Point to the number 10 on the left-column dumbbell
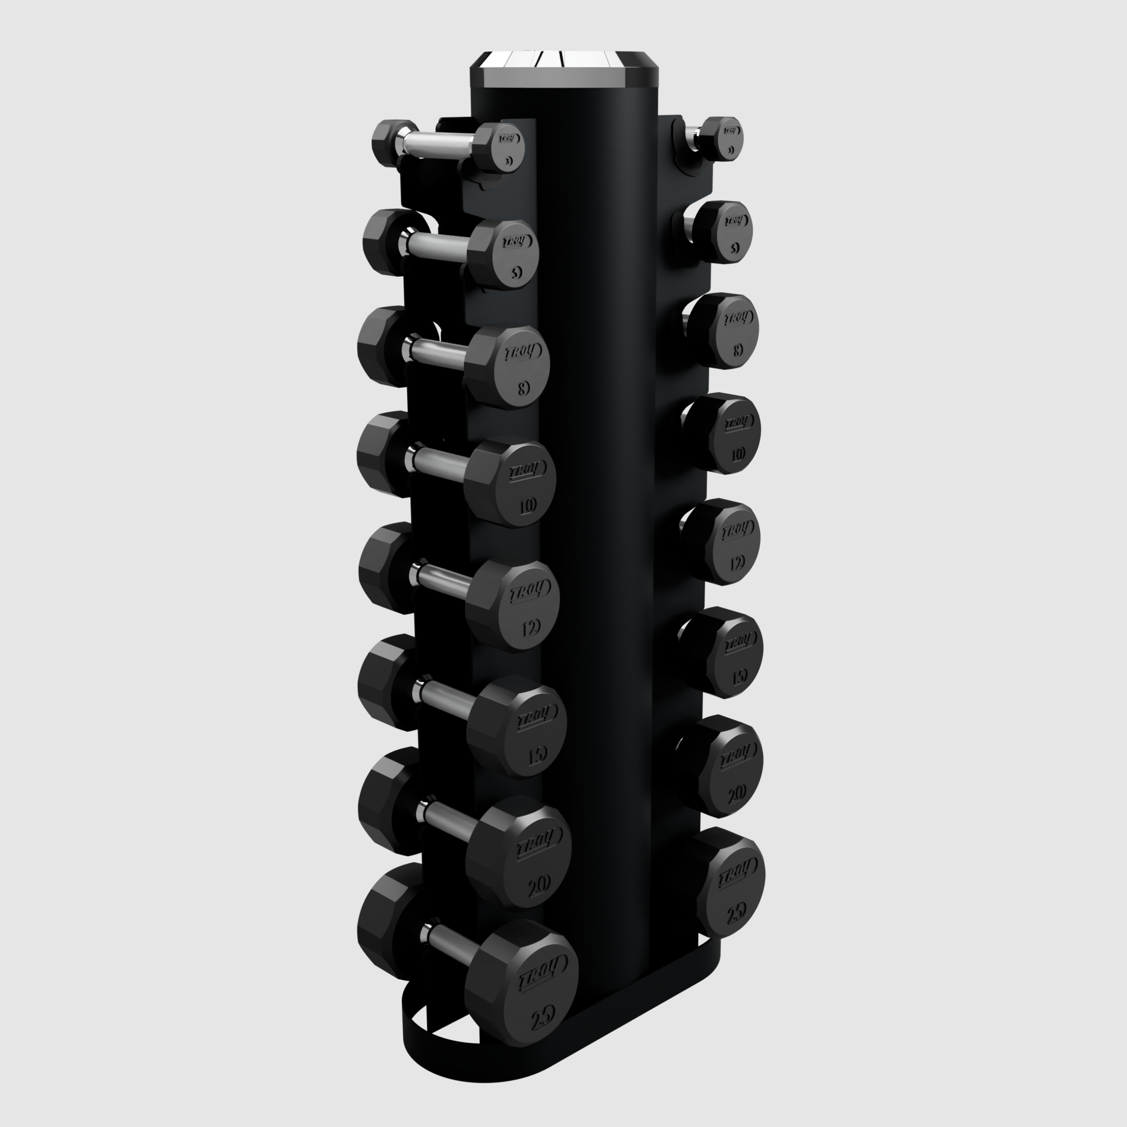[x=527, y=506]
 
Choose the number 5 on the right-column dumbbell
[x=734, y=248]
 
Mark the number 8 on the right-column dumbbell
[x=737, y=350]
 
